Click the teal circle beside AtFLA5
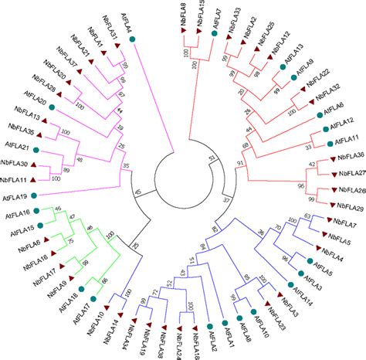tap(307, 263)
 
